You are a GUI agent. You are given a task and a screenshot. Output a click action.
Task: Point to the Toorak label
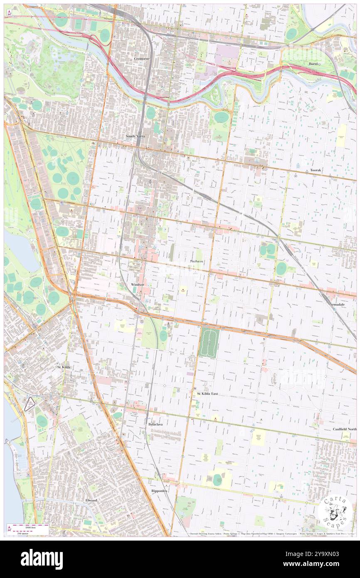[x=315, y=170]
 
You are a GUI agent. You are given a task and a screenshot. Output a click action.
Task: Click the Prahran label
[x=196, y=261]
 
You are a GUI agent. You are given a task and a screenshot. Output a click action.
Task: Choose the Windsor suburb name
[x=137, y=284]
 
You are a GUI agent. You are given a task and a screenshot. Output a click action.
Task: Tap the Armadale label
[x=337, y=304]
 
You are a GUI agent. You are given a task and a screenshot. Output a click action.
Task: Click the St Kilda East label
[x=207, y=393]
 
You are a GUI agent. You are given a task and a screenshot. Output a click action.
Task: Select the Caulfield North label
[x=344, y=429]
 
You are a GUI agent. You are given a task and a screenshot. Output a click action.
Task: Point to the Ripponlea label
[x=159, y=491]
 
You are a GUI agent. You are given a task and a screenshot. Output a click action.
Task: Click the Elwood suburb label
[x=91, y=500]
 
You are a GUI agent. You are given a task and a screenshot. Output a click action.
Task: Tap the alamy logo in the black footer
[x=42, y=559]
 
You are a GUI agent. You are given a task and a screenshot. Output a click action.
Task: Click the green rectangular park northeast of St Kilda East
[x=209, y=342]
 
